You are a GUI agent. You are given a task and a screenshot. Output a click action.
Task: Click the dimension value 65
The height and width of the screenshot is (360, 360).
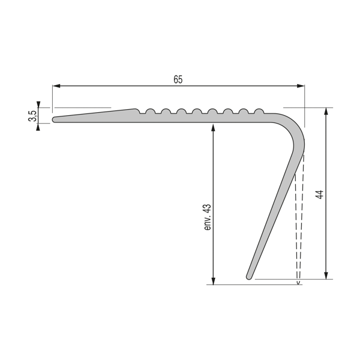coord(178,79)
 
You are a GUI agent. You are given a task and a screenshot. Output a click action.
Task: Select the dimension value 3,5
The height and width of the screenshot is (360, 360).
coord(32,115)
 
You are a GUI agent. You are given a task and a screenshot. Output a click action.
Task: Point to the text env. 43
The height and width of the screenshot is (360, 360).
coord(207,217)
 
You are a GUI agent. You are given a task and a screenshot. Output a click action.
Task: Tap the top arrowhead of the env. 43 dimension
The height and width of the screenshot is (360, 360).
coord(213,127)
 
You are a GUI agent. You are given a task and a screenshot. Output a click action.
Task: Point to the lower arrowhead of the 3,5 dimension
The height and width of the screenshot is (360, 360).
coord(39,127)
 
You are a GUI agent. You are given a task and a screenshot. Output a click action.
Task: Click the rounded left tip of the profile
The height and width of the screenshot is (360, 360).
coord(55,119)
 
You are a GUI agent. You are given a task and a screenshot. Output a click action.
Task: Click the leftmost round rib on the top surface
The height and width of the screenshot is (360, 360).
coord(149,111)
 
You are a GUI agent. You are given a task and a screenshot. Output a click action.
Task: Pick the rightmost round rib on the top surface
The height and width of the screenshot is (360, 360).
coord(259,111)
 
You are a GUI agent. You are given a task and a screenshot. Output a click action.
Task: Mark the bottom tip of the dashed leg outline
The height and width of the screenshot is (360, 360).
coord(298,280)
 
